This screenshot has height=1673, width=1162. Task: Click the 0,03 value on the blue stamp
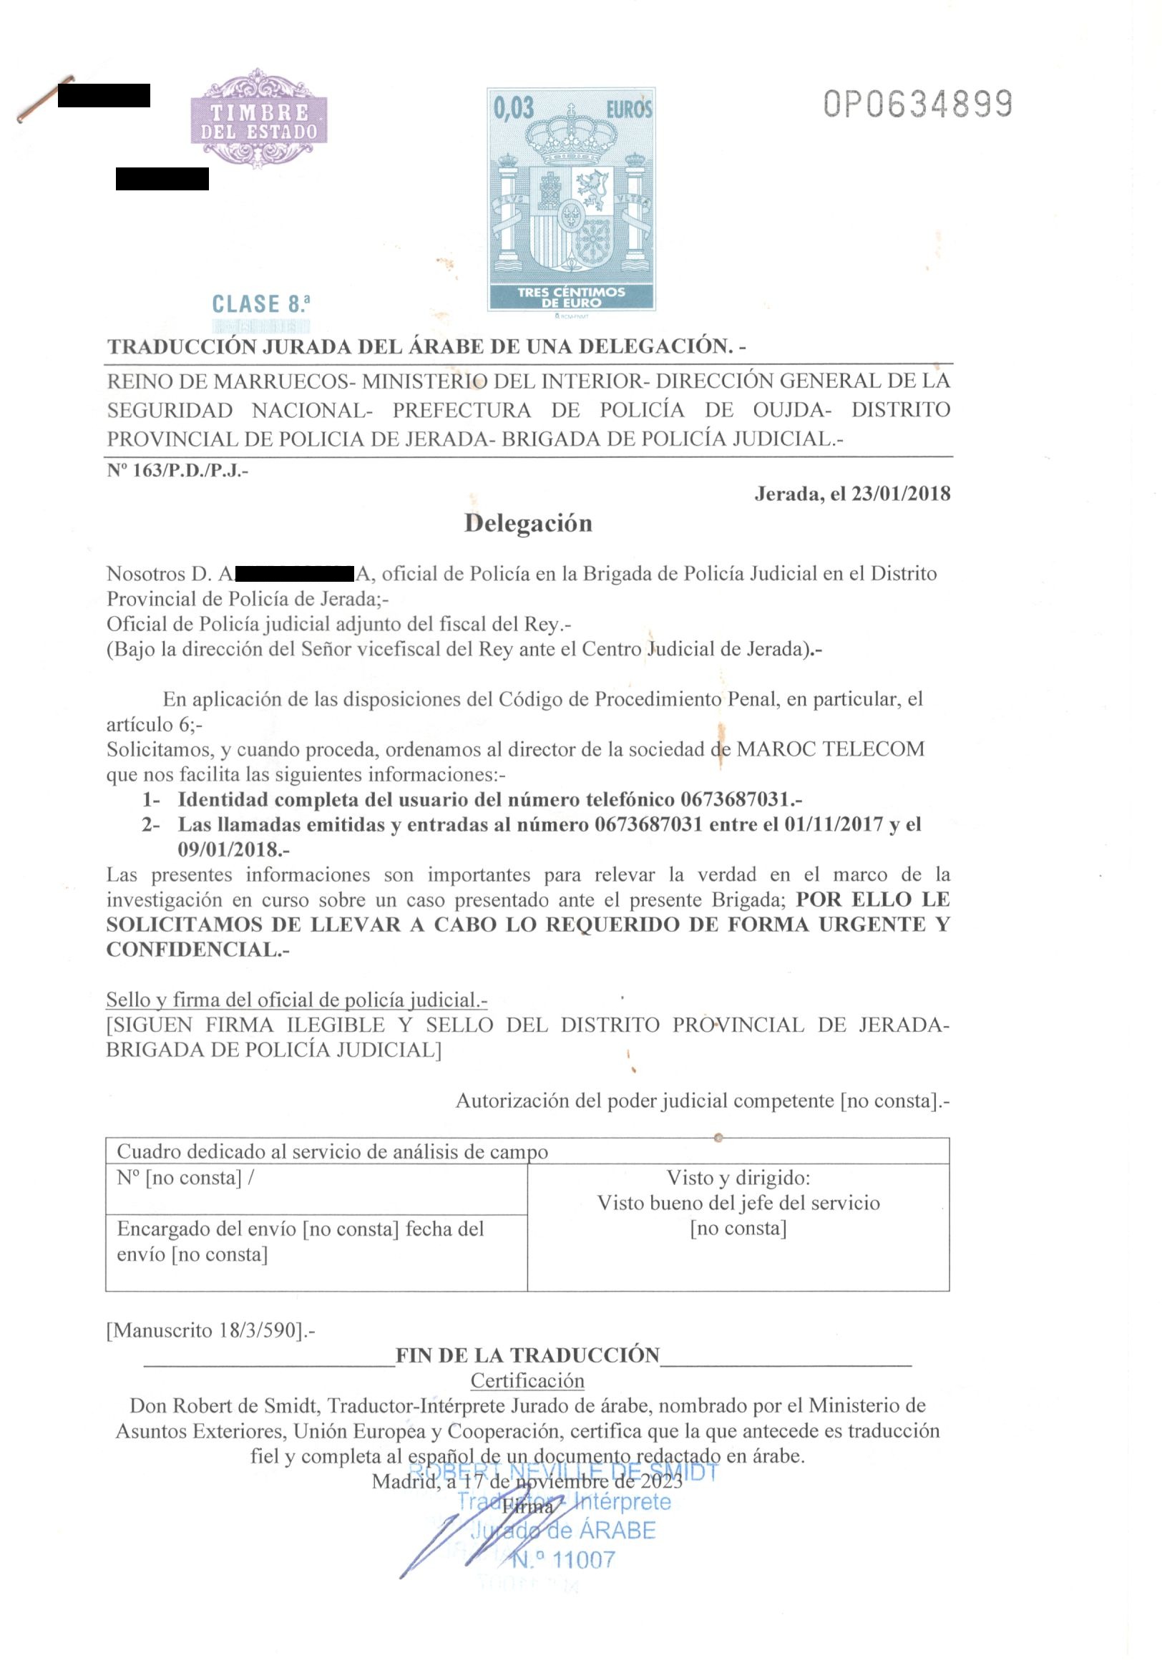pyautogui.click(x=514, y=109)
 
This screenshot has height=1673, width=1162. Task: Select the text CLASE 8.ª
pyautogui.click(x=261, y=303)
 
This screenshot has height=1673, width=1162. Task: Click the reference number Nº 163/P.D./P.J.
pyautogui.click(x=177, y=470)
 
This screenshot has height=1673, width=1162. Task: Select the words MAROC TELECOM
pyautogui.click(x=830, y=749)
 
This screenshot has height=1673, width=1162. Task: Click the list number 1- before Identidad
pyautogui.click(x=151, y=799)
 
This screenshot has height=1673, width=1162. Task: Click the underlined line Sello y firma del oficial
pyautogui.click(x=296, y=1000)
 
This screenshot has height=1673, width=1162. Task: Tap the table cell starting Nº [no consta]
pyautogui.click(x=185, y=1177)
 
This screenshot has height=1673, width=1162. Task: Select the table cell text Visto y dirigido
pyautogui.click(x=738, y=1177)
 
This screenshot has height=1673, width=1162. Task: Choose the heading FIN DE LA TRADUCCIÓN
pyautogui.click(x=527, y=1355)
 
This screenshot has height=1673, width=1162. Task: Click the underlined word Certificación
pyautogui.click(x=527, y=1380)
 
